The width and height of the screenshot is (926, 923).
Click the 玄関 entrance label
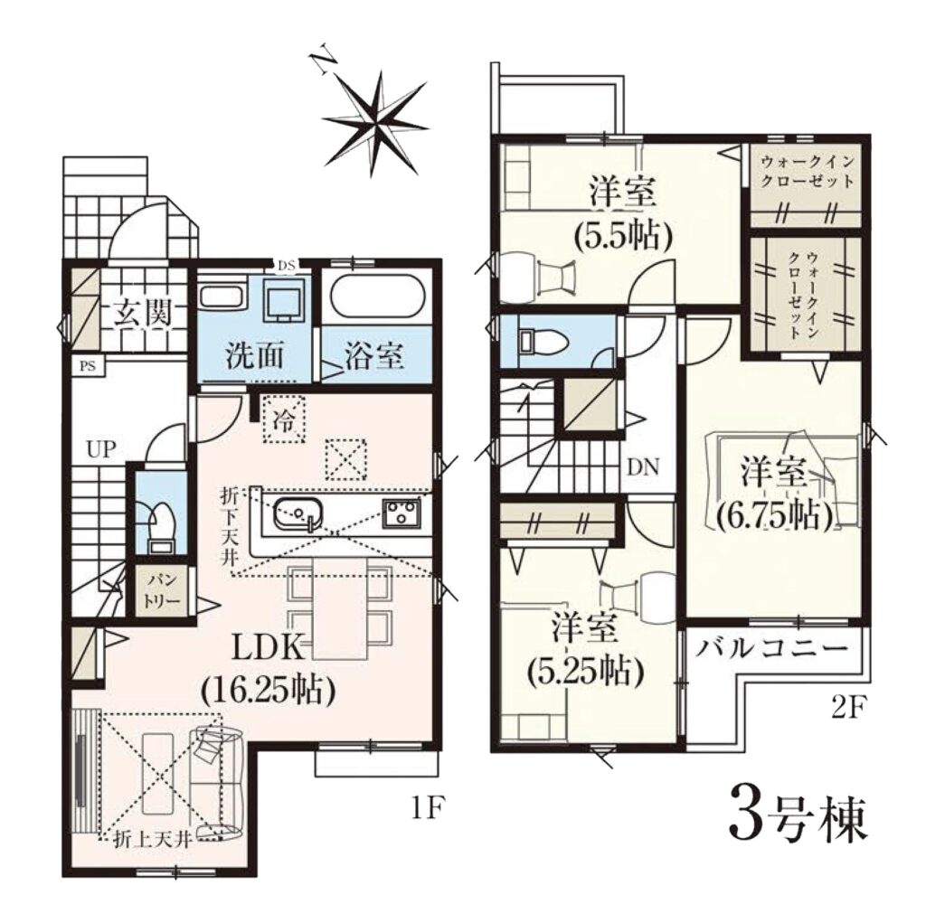click(x=143, y=313)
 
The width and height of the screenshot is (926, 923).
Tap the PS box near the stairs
click(x=88, y=366)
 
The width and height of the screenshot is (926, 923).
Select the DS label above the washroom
click(x=287, y=265)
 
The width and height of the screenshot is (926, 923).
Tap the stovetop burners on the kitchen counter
click(x=402, y=512)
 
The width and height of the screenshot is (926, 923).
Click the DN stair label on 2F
click(x=643, y=467)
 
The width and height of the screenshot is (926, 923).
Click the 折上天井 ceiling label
click(x=152, y=840)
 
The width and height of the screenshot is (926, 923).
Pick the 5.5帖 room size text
click(x=624, y=238)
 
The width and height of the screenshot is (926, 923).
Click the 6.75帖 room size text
click(x=775, y=516)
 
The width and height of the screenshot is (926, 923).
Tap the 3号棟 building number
click(x=798, y=822)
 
